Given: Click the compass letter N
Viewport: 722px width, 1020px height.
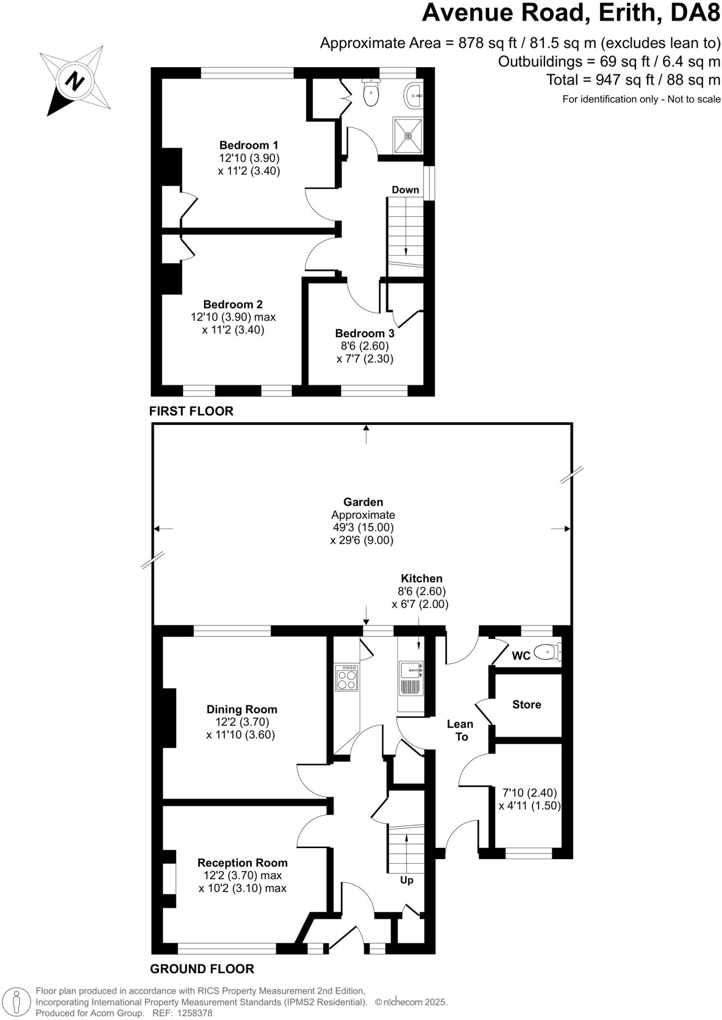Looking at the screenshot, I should click(75, 80).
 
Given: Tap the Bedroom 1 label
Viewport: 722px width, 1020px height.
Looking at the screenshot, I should click(249, 145).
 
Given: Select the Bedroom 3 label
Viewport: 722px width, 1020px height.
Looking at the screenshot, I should click(364, 334).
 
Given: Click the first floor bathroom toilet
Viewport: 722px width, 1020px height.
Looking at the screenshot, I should click(371, 93).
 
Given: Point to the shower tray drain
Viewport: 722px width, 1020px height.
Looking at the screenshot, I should click(409, 135).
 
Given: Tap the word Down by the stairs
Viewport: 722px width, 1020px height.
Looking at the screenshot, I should click(405, 190).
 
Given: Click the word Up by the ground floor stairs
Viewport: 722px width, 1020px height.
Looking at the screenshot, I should click(407, 881).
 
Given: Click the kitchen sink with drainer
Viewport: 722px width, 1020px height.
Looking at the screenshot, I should click(411, 679).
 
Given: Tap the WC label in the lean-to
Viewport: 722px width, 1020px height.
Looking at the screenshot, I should click(521, 656).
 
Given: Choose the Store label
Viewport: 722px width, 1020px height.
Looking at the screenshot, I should click(527, 704).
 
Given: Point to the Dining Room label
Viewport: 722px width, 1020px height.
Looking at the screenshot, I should click(242, 709).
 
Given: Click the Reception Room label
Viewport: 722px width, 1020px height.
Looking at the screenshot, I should click(242, 863).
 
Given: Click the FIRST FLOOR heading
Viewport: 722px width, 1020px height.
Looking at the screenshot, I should click(191, 411).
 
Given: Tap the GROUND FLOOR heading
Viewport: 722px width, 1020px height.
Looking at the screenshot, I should click(202, 969).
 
